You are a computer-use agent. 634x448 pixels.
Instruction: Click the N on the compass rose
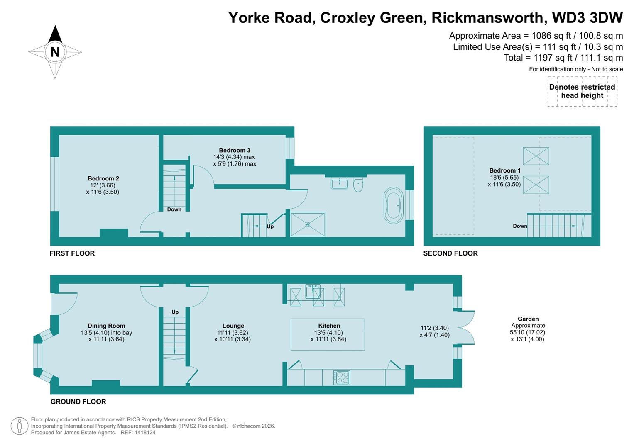55,52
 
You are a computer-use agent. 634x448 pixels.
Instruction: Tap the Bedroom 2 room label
103,179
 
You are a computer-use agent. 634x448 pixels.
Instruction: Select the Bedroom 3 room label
235,150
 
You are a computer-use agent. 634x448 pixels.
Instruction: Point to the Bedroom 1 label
504,170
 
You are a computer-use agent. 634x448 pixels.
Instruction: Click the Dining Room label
106,326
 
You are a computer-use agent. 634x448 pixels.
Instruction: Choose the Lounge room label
233,326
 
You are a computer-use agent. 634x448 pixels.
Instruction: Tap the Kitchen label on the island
329,326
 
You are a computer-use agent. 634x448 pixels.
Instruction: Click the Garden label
528,319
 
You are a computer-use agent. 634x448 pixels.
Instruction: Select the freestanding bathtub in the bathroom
393,205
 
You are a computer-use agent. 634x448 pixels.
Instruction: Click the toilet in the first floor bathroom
358,185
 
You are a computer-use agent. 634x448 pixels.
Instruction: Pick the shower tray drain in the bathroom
308,224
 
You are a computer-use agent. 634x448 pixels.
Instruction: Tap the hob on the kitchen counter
341,377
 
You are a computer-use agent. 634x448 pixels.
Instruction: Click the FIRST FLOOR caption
72,253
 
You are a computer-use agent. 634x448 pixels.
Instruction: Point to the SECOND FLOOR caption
450,253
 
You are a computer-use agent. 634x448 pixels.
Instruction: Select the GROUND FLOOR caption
78,402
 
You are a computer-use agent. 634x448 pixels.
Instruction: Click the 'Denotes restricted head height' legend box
582,91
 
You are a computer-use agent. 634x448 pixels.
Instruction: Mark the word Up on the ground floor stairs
175,312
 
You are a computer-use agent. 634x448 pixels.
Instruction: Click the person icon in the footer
19,426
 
